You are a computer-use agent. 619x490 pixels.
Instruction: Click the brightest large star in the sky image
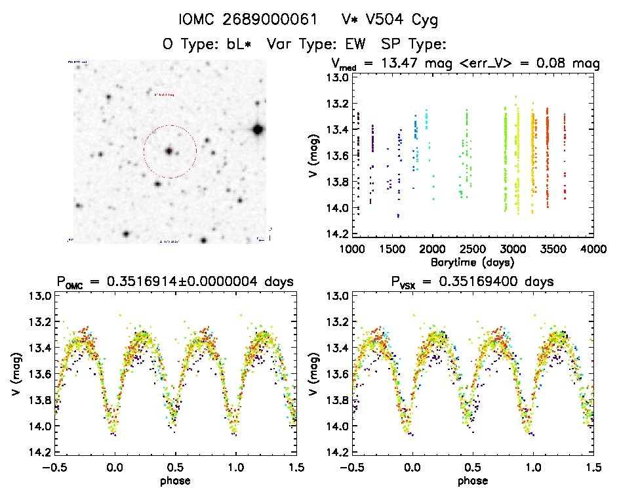[x=258, y=129]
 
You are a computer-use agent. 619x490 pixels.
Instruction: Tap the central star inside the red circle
[x=169, y=151]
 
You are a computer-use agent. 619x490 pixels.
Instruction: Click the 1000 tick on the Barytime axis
[x=352, y=250]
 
